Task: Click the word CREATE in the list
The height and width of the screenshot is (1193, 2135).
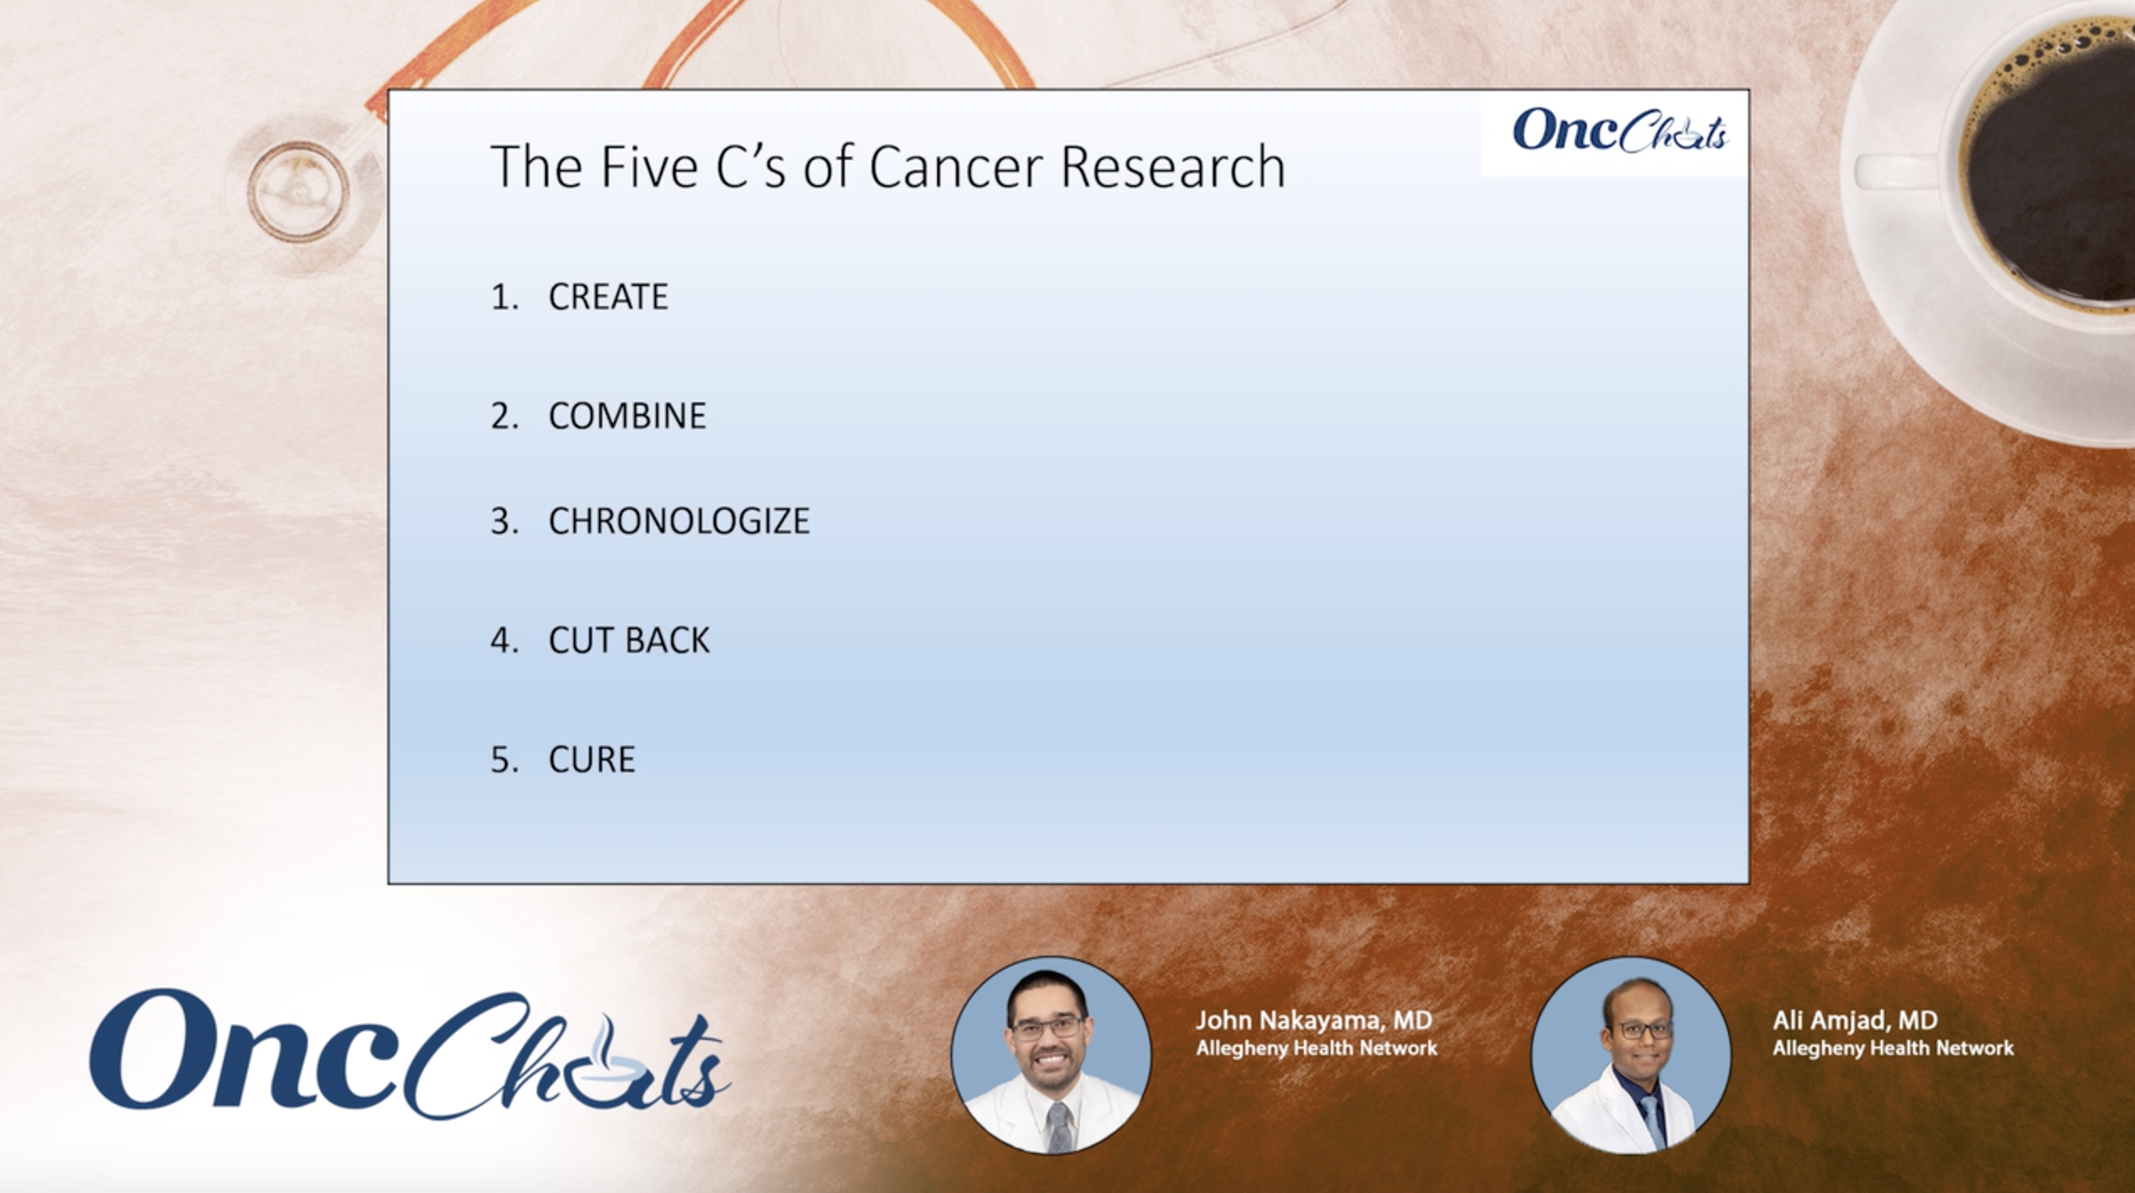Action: [608, 297]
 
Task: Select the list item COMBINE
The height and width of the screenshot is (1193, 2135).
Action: [628, 416]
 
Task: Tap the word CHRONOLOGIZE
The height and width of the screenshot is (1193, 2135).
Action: [679, 522]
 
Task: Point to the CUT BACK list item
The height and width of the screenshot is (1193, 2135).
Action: [629, 641]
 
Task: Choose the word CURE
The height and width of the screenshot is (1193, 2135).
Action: [592, 760]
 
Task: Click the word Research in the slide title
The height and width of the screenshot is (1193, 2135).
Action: [1173, 167]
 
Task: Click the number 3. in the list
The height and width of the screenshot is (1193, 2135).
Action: [504, 522]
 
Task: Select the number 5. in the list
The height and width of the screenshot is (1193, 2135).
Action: [504, 760]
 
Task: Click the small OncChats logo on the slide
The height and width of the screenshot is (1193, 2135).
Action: [1618, 132]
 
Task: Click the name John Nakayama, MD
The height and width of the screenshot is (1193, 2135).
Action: [1313, 1021]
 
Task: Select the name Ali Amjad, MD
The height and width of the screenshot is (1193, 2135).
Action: [1855, 1021]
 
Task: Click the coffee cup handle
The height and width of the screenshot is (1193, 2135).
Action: [1893, 172]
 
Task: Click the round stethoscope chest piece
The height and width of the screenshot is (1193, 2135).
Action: [297, 192]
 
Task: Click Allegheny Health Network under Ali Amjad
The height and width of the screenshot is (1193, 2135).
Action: [1893, 1048]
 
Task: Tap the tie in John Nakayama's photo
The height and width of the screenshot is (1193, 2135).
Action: [1059, 1127]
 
